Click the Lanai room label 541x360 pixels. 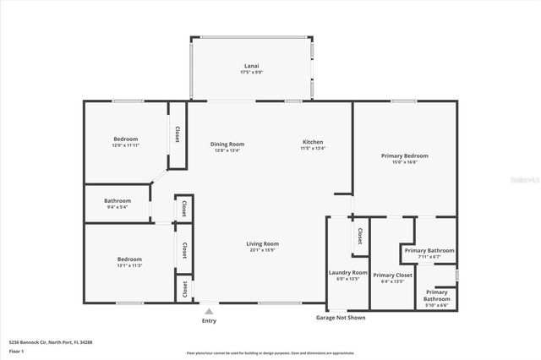(x=251, y=68)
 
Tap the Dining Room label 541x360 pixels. (x=227, y=145)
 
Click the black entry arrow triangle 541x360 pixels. (x=209, y=311)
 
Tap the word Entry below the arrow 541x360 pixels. (x=209, y=321)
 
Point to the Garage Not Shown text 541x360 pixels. (x=341, y=317)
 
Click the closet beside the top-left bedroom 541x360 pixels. (x=177, y=135)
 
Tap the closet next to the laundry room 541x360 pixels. (x=359, y=236)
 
